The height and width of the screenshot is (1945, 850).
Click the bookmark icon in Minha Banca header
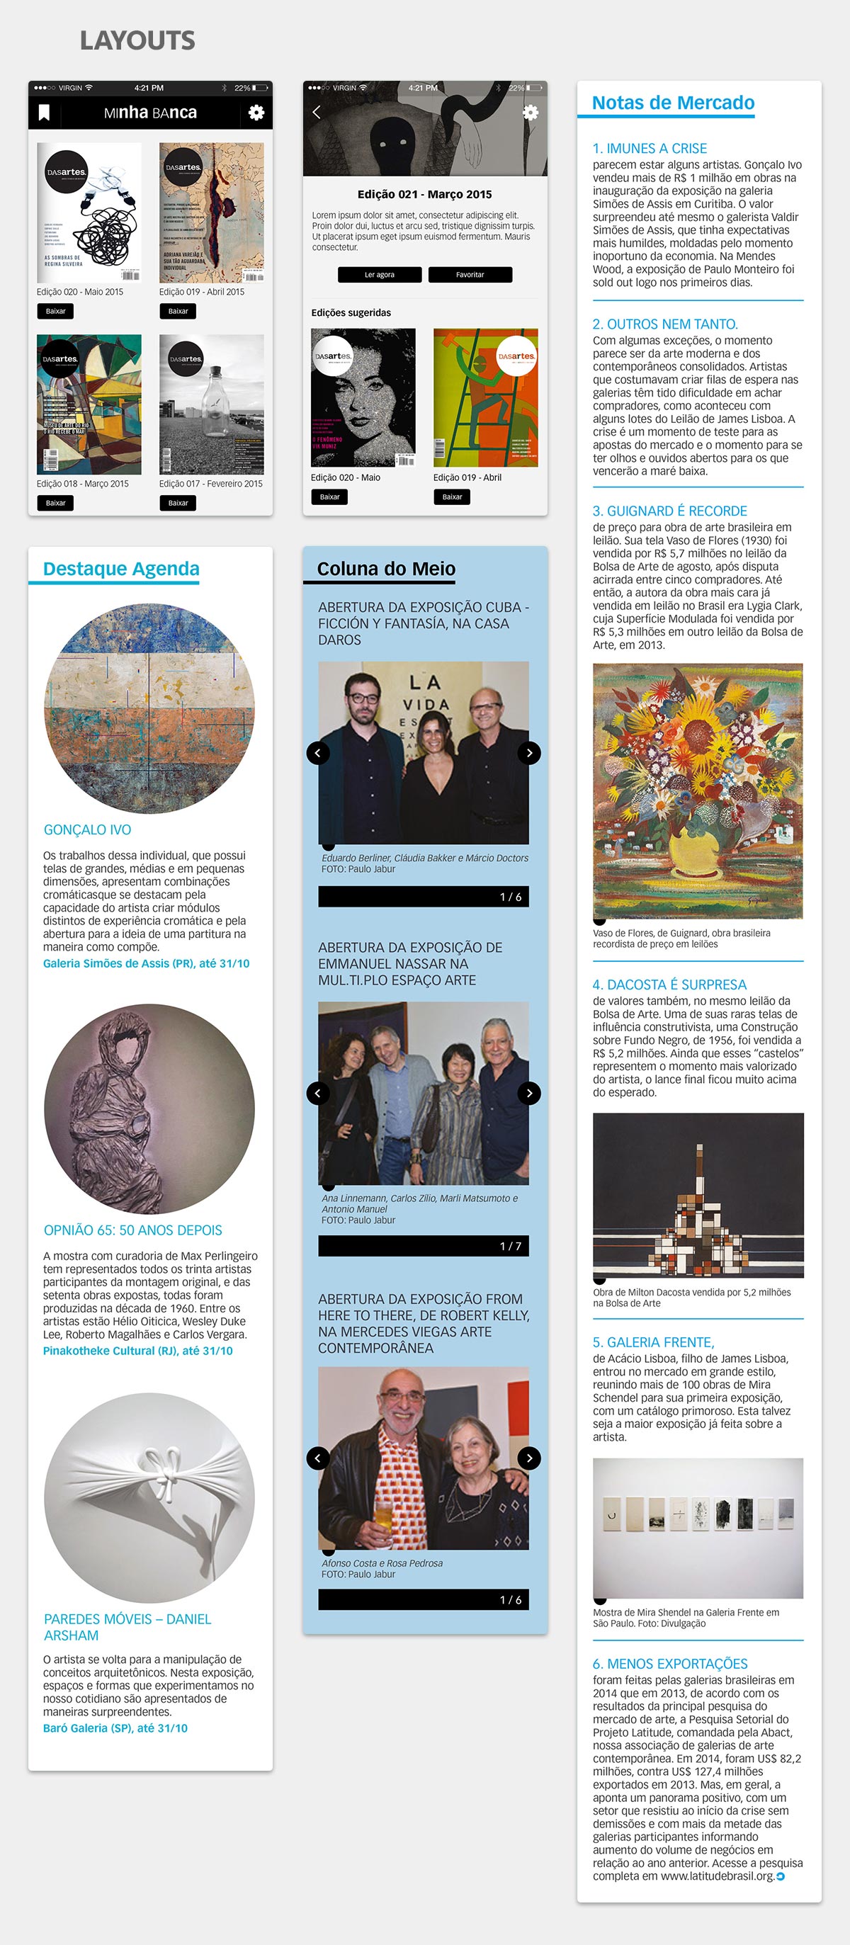pyautogui.click(x=44, y=113)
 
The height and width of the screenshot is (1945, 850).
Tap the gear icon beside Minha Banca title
pyautogui.click(x=256, y=113)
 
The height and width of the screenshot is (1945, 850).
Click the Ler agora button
pyautogui.click(x=379, y=275)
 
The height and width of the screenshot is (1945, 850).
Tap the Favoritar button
pyautogui.click(x=470, y=275)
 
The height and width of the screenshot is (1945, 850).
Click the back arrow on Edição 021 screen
pyautogui.click(x=317, y=113)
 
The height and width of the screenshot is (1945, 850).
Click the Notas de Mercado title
pyautogui.click(x=673, y=103)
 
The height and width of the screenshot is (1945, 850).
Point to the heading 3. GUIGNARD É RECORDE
pyautogui.click(x=669, y=511)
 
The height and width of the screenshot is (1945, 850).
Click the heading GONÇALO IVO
pyautogui.click(x=88, y=830)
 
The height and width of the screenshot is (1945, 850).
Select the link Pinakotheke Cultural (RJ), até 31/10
pyautogui.click(x=137, y=1351)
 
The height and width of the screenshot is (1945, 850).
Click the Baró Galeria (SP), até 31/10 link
pyautogui.click(x=115, y=1728)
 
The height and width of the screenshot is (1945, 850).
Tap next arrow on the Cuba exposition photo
pyautogui.click(x=529, y=753)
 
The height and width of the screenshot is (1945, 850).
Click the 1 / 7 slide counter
pyautogui.click(x=509, y=1246)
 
